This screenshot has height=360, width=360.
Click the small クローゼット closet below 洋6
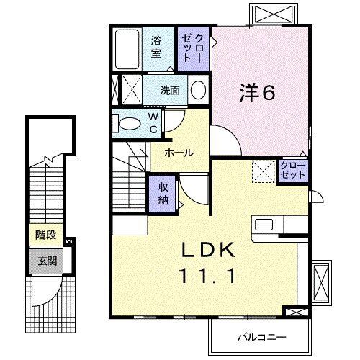point(293,171)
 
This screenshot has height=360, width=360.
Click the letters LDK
point(206,249)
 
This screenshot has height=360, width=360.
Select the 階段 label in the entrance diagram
point(45,234)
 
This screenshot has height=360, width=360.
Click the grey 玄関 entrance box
point(45,260)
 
